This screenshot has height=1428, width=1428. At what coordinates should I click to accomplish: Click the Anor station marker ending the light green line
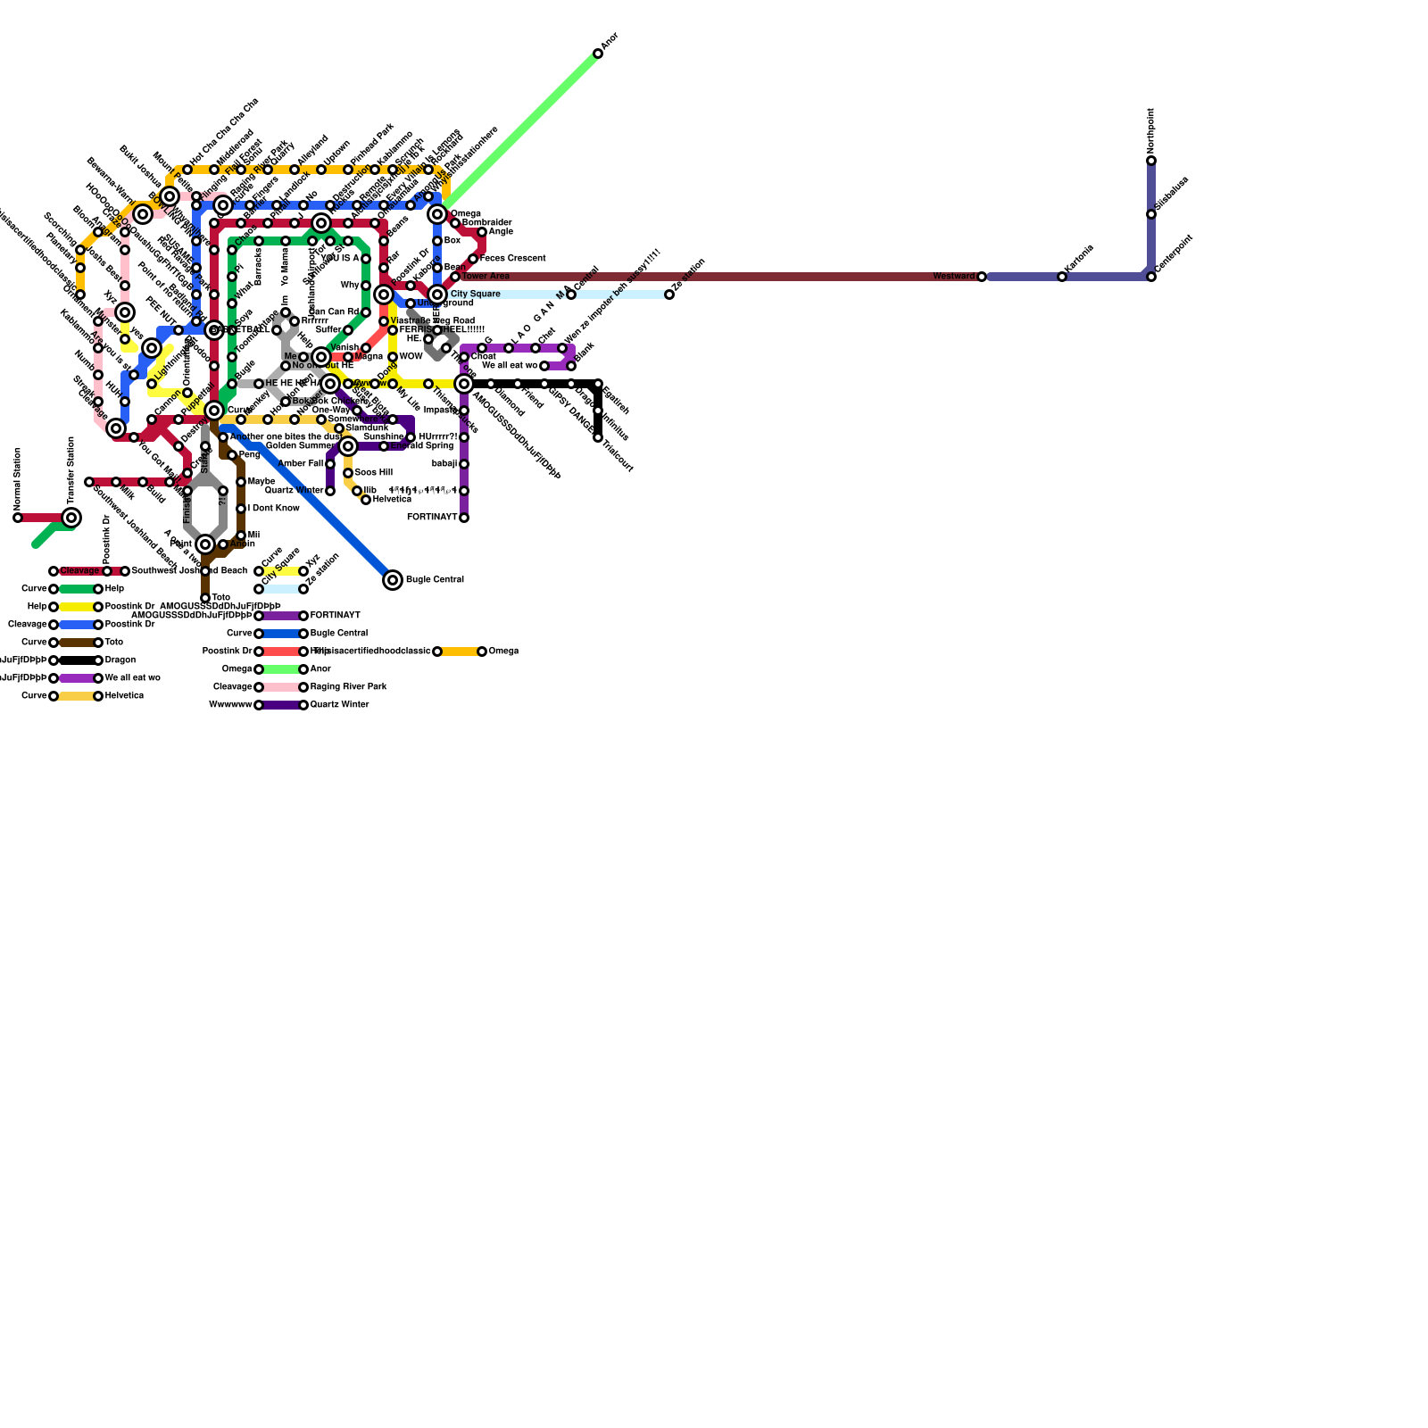[598, 54]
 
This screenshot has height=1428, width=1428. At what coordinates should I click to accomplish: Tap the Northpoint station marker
[1151, 161]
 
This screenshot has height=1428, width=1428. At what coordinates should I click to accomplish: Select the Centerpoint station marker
[1151, 277]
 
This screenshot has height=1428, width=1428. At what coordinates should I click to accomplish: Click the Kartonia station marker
[1062, 277]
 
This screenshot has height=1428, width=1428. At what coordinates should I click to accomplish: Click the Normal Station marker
[18, 518]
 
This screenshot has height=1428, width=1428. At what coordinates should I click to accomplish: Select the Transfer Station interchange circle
[71, 518]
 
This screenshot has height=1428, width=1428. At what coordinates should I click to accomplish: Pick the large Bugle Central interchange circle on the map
[393, 580]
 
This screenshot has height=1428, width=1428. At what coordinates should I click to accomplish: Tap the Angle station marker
[482, 232]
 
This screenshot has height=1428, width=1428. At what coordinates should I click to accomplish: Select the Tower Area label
[486, 277]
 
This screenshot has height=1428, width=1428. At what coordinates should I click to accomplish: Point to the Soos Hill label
[373, 473]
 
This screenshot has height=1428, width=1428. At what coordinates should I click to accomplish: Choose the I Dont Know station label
[273, 509]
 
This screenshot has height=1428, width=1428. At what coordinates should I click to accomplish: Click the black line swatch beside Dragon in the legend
[76, 660]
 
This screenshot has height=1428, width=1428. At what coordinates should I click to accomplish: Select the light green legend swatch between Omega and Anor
[281, 669]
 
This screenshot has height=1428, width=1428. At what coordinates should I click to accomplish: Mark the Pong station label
[249, 455]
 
